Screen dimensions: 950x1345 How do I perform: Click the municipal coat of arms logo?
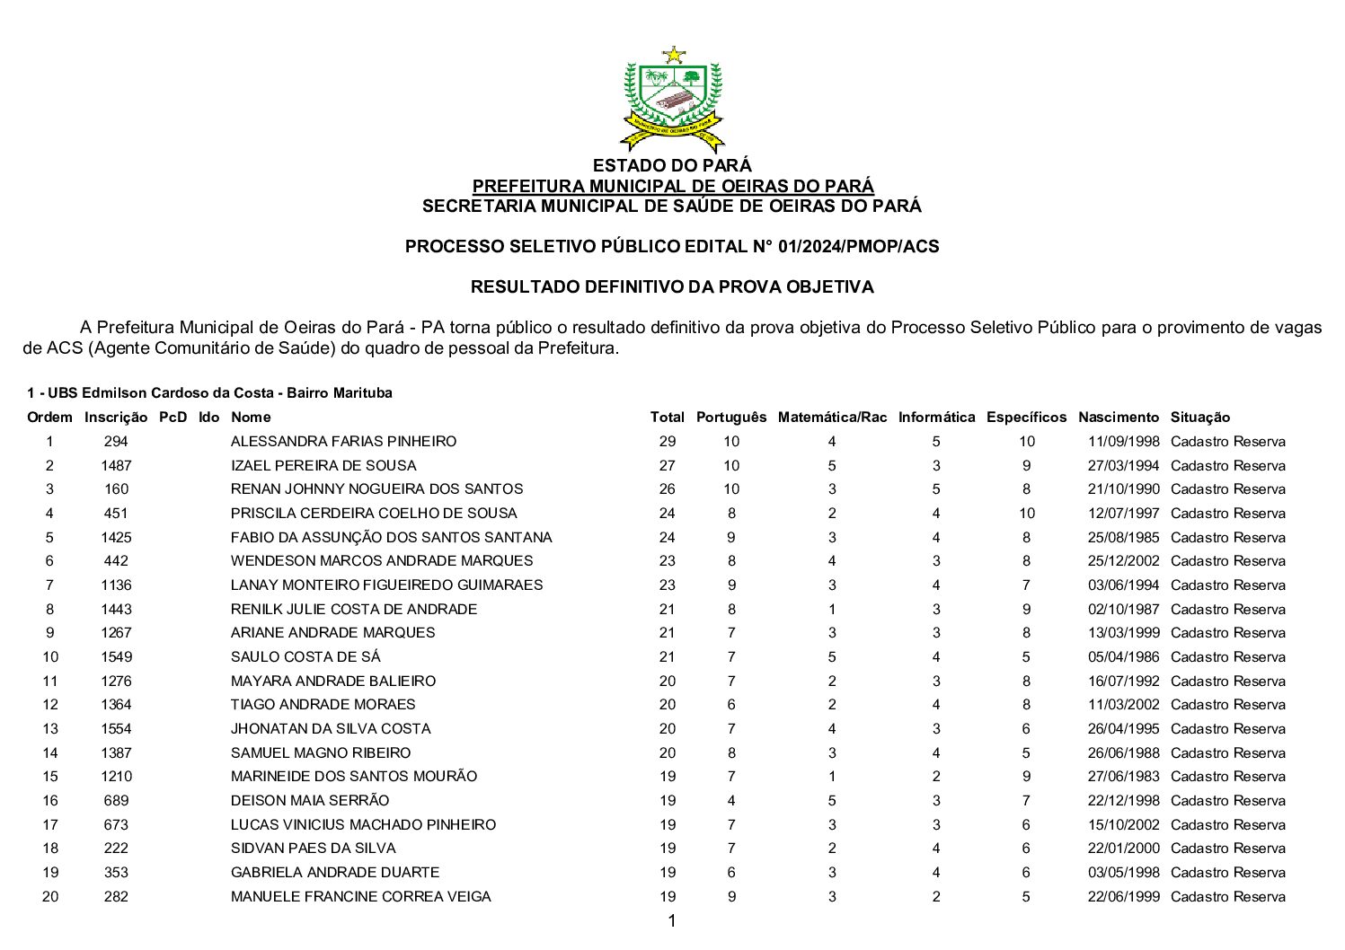pyautogui.click(x=672, y=99)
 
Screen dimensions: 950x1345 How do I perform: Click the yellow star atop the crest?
pyautogui.click(x=673, y=55)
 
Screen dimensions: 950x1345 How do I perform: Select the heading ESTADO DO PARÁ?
pyautogui.click(x=672, y=165)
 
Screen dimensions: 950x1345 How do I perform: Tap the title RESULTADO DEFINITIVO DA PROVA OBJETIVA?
pyautogui.click(x=672, y=287)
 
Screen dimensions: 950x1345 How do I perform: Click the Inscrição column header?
pyautogui.click(x=116, y=417)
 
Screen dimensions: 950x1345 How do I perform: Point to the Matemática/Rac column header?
pyautogui.click(x=832, y=417)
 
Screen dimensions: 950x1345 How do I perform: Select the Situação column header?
pyautogui.click(x=1199, y=417)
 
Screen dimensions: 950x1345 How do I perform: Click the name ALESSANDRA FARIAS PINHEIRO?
pyautogui.click(x=343, y=441)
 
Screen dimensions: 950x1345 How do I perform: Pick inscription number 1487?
pyautogui.click(x=116, y=465)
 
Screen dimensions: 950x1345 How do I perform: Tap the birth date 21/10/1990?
pyautogui.click(x=1123, y=489)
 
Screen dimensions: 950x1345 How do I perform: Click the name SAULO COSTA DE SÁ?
pyautogui.click(x=305, y=656)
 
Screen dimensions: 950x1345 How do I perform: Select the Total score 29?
pyautogui.click(x=667, y=441)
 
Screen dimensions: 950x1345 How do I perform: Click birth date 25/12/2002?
pyautogui.click(x=1123, y=561)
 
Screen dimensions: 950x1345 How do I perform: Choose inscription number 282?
pyautogui.click(x=116, y=896)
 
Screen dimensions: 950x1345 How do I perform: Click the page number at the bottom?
pyautogui.click(x=671, y=920)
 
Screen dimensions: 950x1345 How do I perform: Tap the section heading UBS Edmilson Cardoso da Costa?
pyautogui.click(x=209, y=393)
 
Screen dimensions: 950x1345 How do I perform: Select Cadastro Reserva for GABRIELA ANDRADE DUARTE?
pyautogui.click(x=1227, y=872)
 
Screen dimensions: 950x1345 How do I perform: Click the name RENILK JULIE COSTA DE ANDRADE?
pyautogui.click(x=354, y=609)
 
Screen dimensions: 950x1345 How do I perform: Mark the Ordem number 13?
pyautogui.click(x=49, y=728)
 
